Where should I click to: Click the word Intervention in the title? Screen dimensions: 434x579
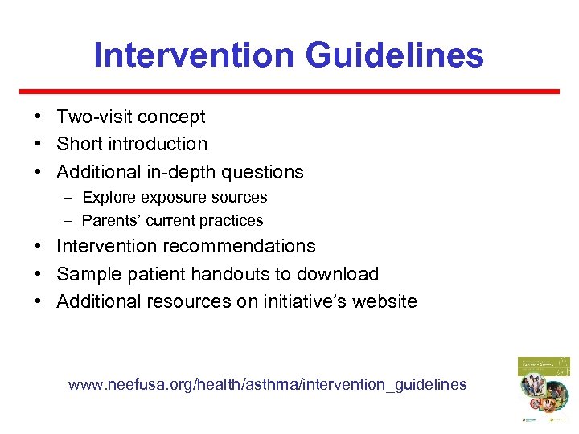click(x=192, y=55)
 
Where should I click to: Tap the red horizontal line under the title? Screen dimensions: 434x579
click(x=289, y=92)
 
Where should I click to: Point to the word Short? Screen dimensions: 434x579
click(x=77, y=144)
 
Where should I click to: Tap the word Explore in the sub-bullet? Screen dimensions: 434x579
click(x=109, y=197)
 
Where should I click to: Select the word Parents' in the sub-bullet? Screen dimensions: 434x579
click(x=111, y=220)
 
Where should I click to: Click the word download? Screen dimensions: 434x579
click(x=341, y=274)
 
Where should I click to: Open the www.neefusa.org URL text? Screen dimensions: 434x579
click(x=267, y=384)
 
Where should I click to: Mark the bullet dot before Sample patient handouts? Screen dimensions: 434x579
click(x=39, y=274)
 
